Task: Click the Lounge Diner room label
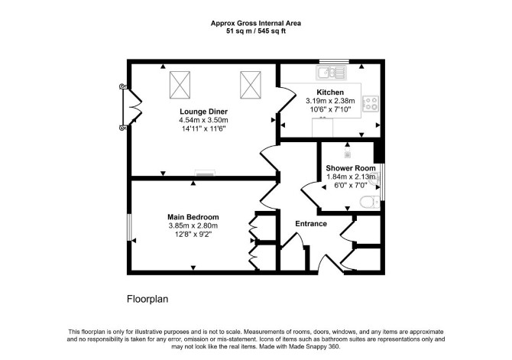coord(203,112)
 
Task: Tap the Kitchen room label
coord(330,92)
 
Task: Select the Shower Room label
coord(351,168)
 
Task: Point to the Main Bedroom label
coord(193,217)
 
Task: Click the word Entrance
coord(311,223)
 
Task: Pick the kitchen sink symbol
coord(331,72)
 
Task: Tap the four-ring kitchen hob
coord(371,103)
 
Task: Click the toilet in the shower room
coord(370,202)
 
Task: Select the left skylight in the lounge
coord(180,85)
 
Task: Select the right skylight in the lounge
coord(251,85)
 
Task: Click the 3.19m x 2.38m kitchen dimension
coord(330,101)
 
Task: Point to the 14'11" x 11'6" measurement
coord(203,128)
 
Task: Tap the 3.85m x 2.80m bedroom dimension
coord(193,225)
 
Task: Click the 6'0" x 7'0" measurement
coord(351,185)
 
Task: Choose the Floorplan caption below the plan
coord(147,299)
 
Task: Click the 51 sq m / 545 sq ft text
coord(256,31)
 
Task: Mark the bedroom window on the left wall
coord(129,227)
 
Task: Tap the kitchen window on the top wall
coord(334,61)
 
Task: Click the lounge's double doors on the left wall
coord(131,107)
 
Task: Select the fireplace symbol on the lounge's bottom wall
coord(205,173)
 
